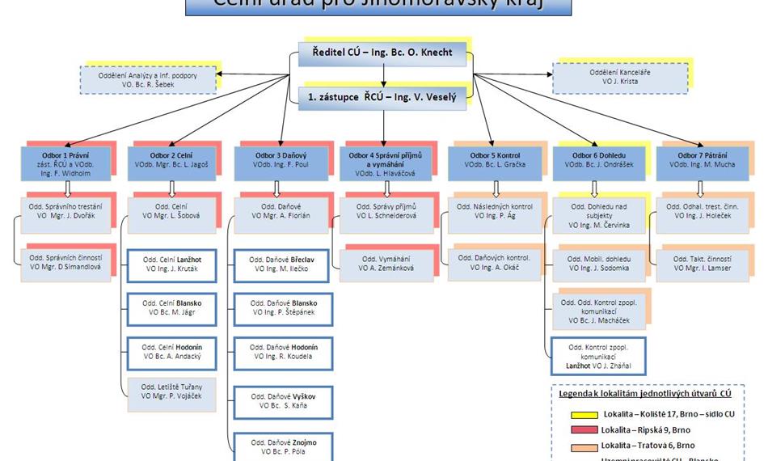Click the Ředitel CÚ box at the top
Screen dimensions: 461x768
pyautogui.click(x=383, y=54)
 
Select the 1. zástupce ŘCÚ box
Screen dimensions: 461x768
pyautogui.click(x=383, y=98)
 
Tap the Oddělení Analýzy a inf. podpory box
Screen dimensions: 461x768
pyautogui.click(x=148, y=79)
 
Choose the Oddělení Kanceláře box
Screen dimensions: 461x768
pyautogui.click(x=619, y=78)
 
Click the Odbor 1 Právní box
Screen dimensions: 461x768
pyautogui.click(x=67, y=164)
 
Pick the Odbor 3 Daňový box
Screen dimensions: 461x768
pyautogui.click(x=281, y=164)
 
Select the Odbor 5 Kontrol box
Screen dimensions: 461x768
pyautogui.click(x=495, y=164)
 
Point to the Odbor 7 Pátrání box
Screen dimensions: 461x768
pyautogui.click(x=701, y=164)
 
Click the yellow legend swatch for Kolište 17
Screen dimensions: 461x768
pyautogui.click(x=576, y=414)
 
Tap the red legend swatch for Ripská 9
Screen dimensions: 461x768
pyautogui.click(x=576, y=430)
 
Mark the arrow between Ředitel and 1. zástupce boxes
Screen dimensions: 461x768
pyautogui.click(x=383, y=76)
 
